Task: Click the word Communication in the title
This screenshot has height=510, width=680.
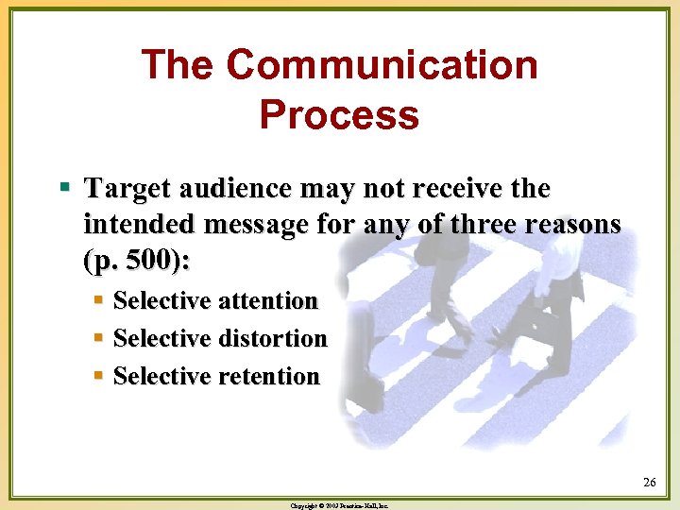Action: (382, 66)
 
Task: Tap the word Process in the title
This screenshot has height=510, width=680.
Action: (339, 115)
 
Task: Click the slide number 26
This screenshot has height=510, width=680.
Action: (650, 484)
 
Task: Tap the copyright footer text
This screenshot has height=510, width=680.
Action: (339, 505)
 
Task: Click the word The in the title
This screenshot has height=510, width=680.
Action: (178, 66)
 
